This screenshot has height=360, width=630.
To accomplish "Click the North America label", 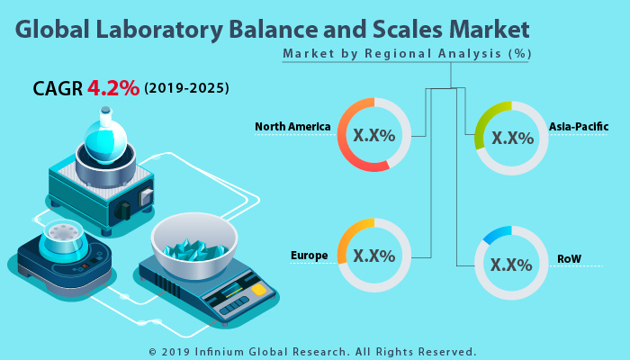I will (x=292, y=127).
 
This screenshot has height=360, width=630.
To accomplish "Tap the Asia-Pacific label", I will (x=579, y=127).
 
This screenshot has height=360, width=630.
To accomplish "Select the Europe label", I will (x=309, y=256).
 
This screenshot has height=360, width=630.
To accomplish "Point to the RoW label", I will (x=569, y=259).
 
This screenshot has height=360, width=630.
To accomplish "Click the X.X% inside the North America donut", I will (x=374, y=136).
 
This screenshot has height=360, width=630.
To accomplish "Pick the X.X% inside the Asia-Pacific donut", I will (x=512, y=138).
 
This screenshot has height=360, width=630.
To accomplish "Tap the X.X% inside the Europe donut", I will (x=374, y=256).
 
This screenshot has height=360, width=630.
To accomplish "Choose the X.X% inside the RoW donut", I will (x=512, y=265).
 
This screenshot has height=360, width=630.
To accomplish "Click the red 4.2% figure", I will (x=113, y=88).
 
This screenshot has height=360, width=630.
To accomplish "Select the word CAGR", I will (x=58, y=88).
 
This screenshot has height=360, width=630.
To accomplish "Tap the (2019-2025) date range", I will (x=186, y=89).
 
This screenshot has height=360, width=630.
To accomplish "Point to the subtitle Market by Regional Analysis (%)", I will (x=407, y=54).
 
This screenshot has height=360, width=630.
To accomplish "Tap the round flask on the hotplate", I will (x=105, y=135).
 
